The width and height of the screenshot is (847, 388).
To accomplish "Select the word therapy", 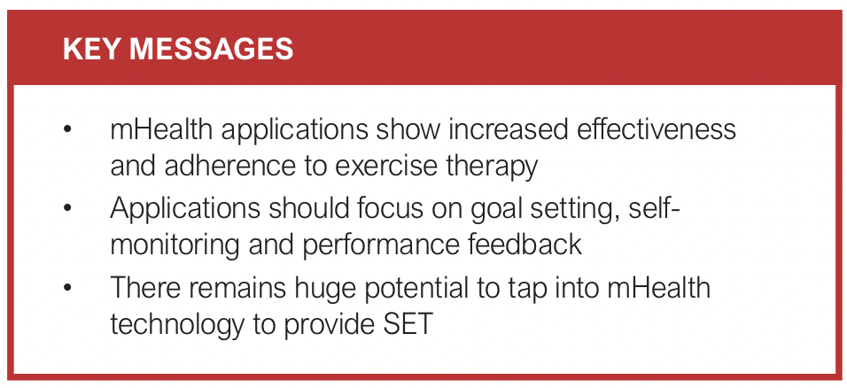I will [496, 165].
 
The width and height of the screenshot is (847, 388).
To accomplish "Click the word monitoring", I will [181, 244].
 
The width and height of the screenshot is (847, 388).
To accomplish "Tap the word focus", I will [408, 209].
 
